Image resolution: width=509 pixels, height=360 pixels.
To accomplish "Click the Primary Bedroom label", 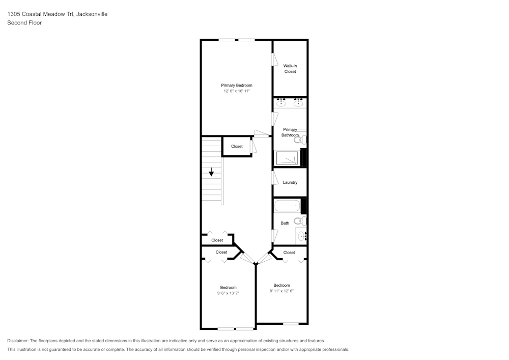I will click(x=236, y=86).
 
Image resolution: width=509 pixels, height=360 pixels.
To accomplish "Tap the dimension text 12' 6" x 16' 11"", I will click(x=236, y=91).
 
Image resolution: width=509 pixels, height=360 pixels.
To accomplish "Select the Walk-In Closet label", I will click(x=290, y=69).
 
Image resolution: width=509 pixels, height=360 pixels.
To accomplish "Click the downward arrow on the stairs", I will click(x=211, y=173).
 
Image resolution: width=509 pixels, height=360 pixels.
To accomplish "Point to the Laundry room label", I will click(x=290, y=182).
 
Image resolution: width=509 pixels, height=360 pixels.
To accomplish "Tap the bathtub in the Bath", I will click(x=288, y=206).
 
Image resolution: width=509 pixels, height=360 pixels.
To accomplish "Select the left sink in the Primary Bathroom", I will click(x=281, y=104).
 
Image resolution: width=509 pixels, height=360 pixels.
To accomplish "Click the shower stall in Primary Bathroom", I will click(x=288, y=158).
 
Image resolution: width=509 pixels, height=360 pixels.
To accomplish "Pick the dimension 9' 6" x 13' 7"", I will click(x=228, y=293).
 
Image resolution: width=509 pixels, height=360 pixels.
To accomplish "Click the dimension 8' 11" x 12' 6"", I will click(x=281, y=291).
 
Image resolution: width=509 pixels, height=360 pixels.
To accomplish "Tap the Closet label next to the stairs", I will click(x=237, y=147).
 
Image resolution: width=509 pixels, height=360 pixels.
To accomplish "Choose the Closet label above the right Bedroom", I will click(x=289, y=253).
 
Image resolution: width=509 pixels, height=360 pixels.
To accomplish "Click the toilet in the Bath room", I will click(x=301, y=221).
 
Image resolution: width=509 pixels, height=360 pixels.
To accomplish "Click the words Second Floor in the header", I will click(x=24, y=23).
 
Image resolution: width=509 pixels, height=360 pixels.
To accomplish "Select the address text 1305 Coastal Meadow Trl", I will click(x=41, y=14).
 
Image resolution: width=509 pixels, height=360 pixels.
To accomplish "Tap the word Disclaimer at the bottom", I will click(x=18, y=341).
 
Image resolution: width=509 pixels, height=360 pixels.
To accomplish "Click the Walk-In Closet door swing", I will click(x=274, y=60).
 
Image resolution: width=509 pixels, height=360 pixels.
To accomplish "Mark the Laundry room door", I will click(x=274, y=178).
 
